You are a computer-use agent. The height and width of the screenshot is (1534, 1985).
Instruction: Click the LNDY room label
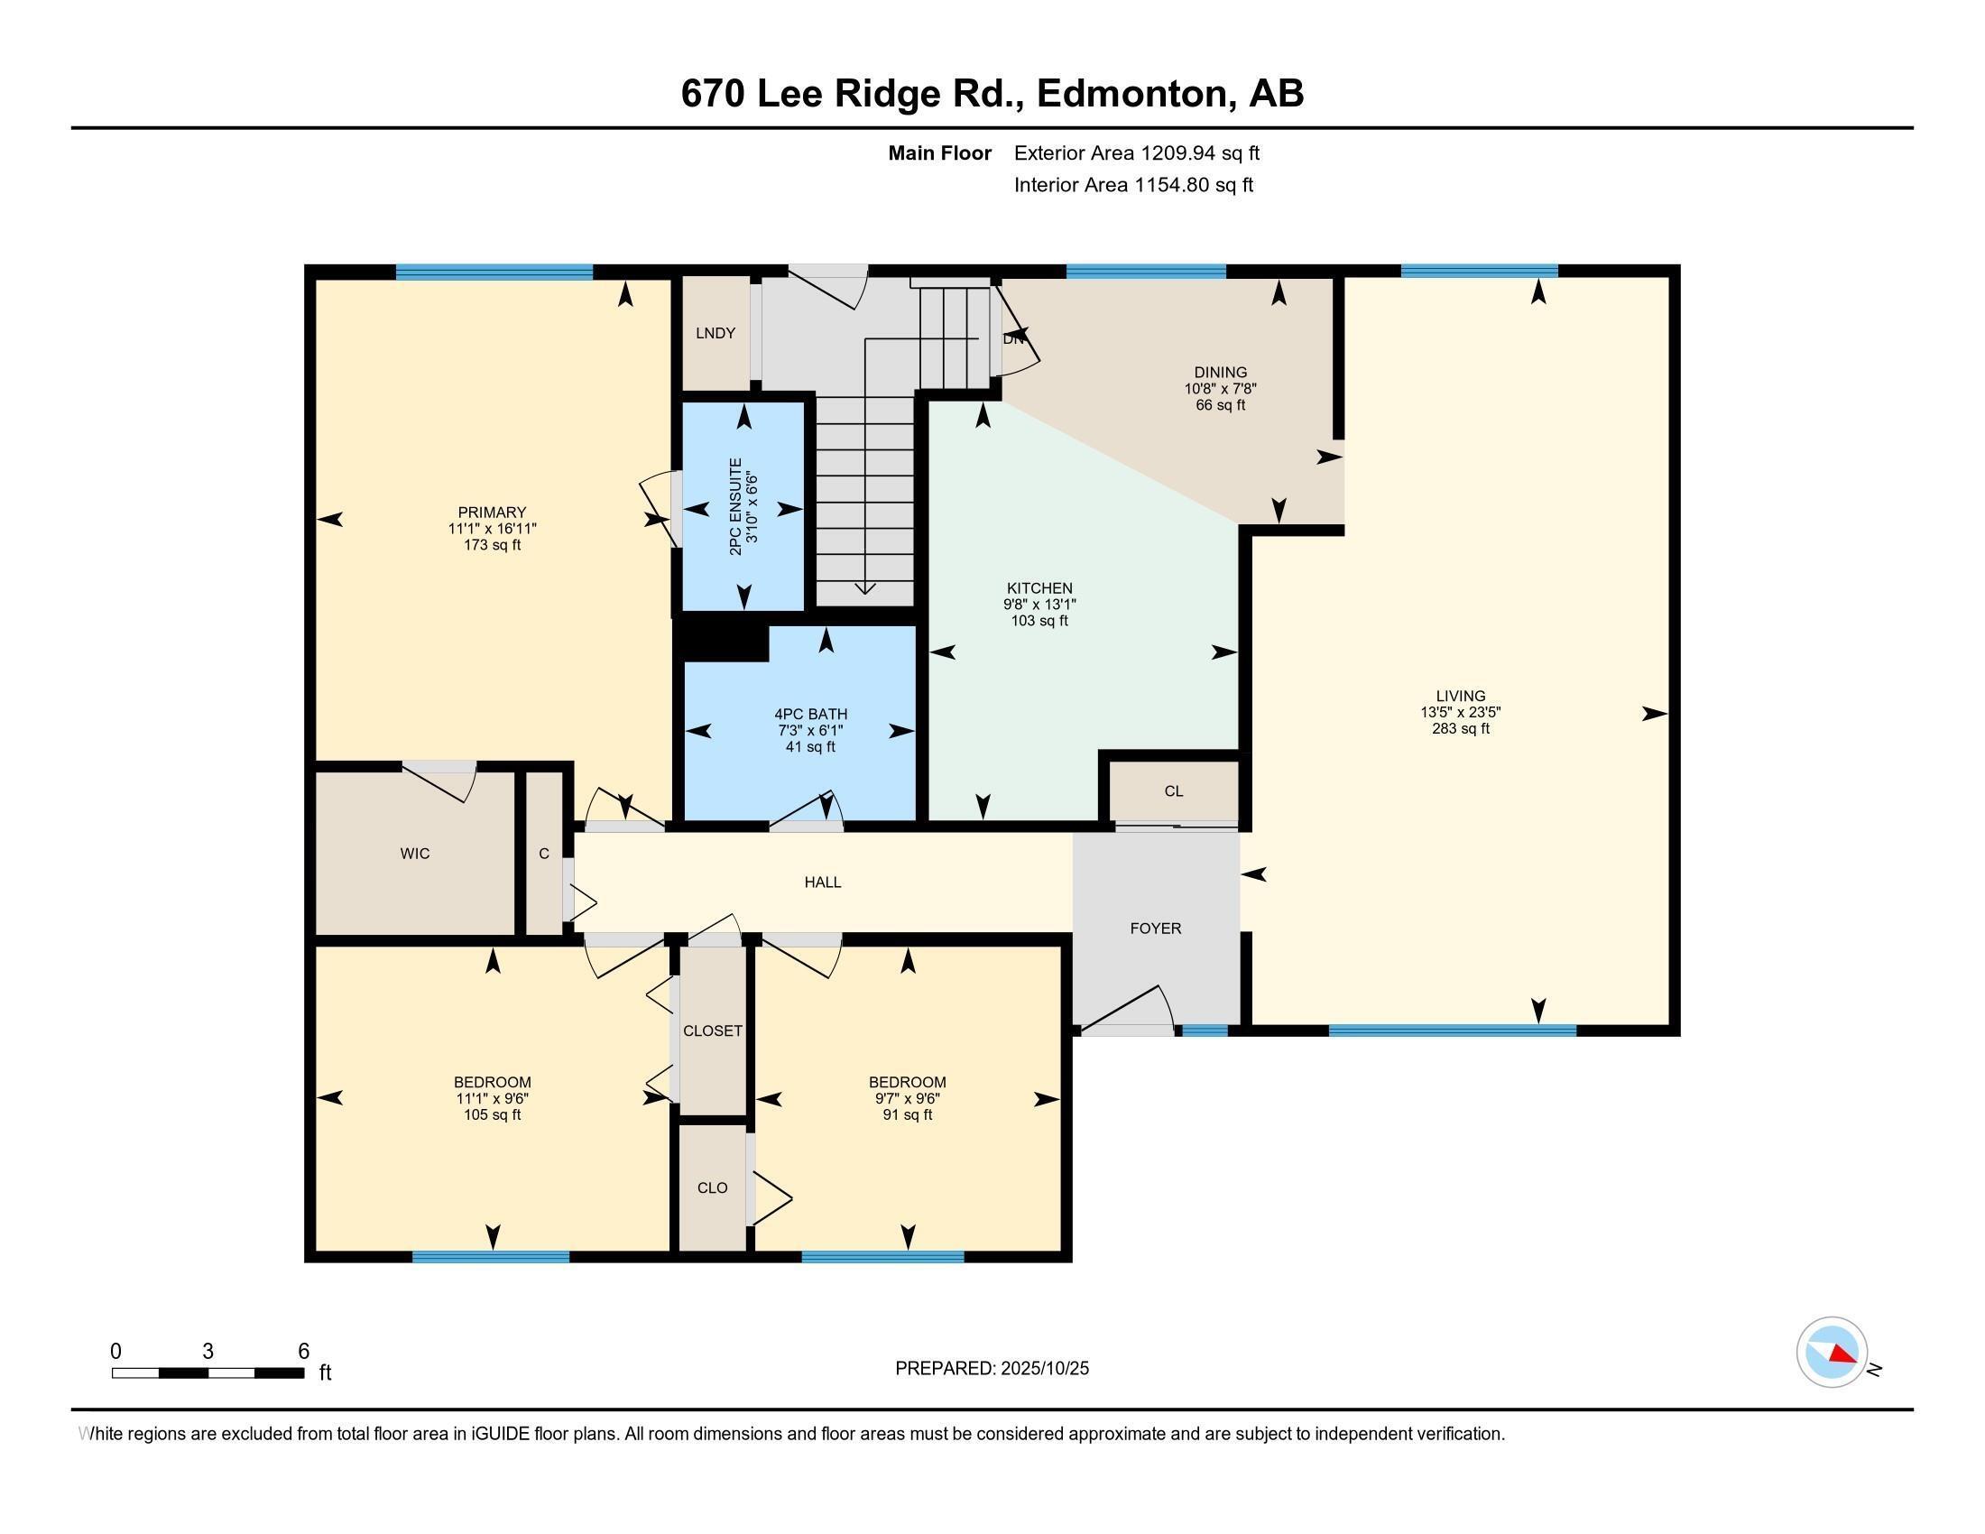[x=716, y=334]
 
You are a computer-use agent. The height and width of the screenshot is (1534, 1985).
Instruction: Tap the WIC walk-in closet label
[x=414, y=854]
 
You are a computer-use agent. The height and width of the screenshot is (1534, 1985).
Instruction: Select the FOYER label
[x=1155, y=928]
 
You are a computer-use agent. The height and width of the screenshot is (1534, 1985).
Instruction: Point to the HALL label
[x=822, y=882]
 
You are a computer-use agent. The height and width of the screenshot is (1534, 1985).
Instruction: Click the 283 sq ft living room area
[x=1461, y=729]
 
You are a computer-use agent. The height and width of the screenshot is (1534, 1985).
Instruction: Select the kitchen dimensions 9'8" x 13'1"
[x=1039, y=605]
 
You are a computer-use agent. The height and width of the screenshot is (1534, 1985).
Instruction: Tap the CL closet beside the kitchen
[x=1173, y=790]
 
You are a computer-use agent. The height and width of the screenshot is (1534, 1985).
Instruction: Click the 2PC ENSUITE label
[x=735, y=506]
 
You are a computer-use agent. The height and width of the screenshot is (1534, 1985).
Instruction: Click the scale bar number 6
[x=303, y=1351]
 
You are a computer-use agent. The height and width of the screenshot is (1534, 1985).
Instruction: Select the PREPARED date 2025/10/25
[x=1042, y=1368]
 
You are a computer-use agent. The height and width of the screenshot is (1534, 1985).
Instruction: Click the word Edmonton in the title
[x=1131, y=94]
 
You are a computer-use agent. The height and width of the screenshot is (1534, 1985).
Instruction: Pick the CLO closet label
[x=712, y=1187]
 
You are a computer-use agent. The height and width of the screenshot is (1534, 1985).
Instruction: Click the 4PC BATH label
[x=810, y=715]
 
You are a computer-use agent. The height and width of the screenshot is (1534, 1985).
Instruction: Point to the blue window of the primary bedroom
[x=494, y=271]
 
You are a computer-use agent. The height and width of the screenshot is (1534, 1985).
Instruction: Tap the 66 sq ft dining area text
[x=1220, y=404]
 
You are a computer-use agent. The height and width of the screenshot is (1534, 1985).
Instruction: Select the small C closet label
[x=543, y=854]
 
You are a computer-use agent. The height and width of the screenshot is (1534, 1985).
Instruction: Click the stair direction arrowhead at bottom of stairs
[x=865, y=590]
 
